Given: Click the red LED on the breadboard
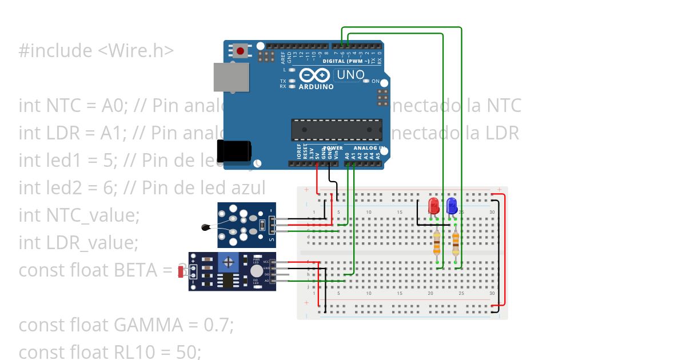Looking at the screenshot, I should point(434,205).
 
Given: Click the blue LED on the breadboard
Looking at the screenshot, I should point(452,205).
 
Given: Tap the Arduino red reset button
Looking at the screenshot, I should point(240,51).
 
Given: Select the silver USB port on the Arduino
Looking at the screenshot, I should point(232,77).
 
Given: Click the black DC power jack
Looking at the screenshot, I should point(234,151).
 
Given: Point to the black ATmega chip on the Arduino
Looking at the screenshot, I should point(336,130).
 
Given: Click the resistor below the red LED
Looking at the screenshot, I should point(437,243).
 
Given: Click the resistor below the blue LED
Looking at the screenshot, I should point(456,243).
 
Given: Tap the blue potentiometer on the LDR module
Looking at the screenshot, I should point(229,263).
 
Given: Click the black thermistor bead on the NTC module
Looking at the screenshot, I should point(205,228).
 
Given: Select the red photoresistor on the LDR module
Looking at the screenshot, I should point(182,271).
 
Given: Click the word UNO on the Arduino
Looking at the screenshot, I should point(350,75).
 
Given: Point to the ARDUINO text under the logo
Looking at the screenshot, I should point(316,87).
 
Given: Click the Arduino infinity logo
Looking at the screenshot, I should point(314,75).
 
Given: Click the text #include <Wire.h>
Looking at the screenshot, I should point(96,51).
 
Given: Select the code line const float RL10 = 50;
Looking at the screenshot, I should point(110,352).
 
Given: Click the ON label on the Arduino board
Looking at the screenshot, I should point(376,82).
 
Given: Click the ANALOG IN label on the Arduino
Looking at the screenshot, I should point(370,147).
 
